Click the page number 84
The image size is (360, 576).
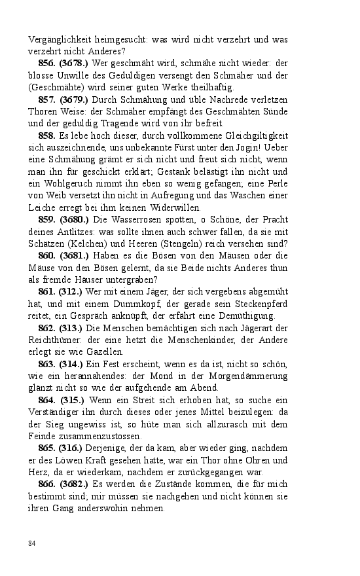coord(32,543)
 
